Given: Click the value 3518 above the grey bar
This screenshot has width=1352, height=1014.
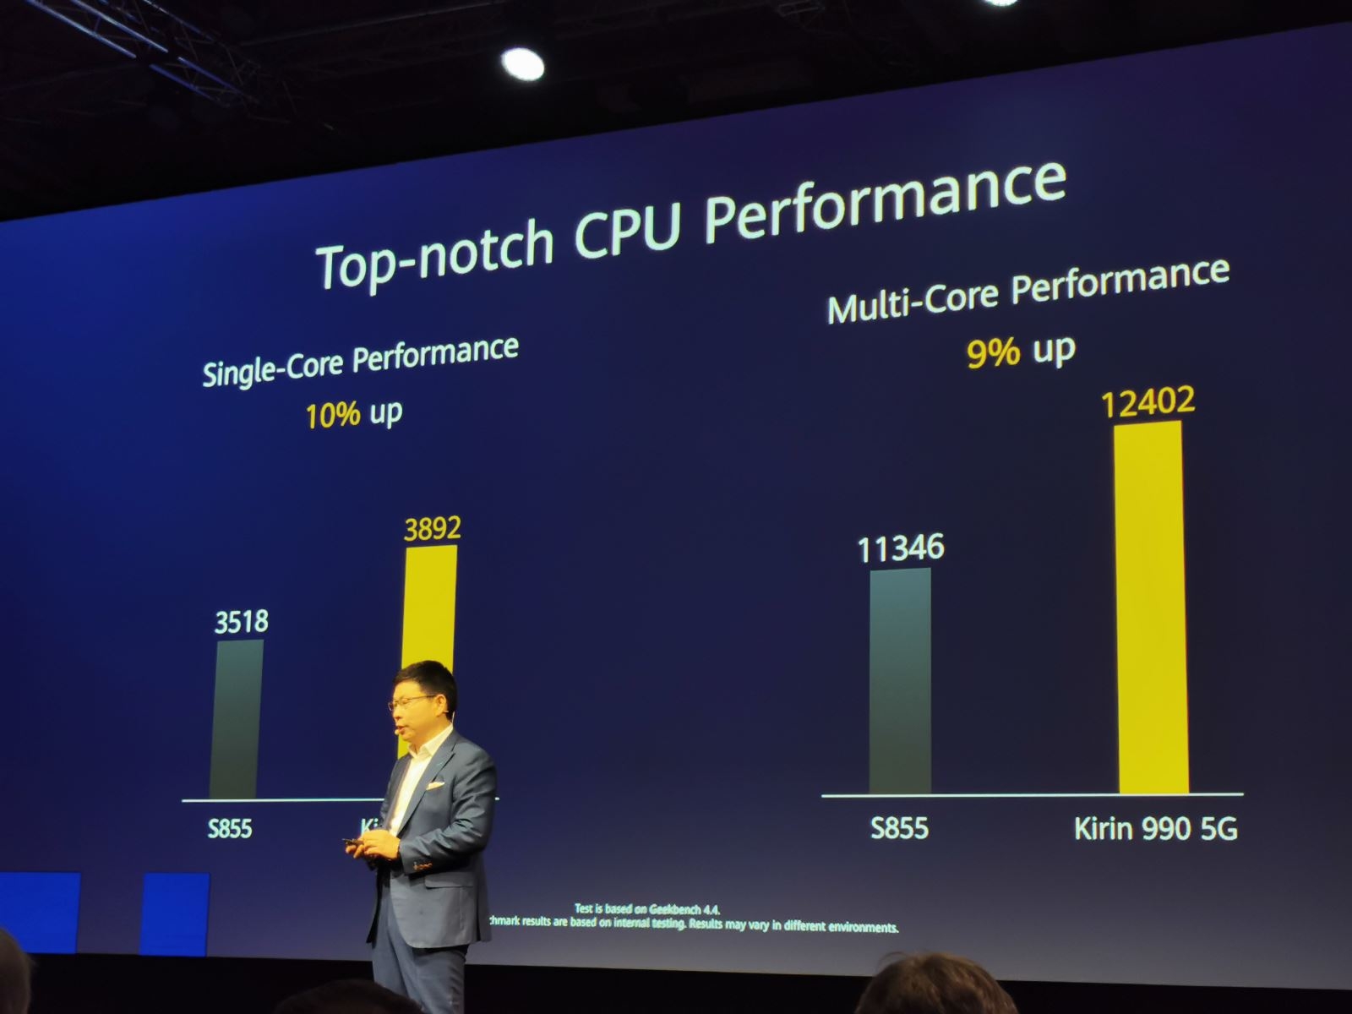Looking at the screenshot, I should (x=241, y=622).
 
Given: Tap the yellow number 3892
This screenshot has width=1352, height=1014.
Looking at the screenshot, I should (x=432, y=529).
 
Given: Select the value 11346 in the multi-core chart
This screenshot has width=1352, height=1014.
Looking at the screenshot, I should (x=900, y=548).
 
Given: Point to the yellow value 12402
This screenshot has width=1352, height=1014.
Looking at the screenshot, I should (x=1148, y=401).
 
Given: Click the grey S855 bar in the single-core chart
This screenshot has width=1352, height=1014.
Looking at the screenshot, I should (x=236, y=718).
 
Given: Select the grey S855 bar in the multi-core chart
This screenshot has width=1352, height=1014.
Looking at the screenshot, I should (x=900, y=680).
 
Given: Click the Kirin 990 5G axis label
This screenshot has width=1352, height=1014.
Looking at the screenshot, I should (x=1155, y=829).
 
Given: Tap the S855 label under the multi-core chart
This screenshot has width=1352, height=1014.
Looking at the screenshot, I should (x=899, y=827).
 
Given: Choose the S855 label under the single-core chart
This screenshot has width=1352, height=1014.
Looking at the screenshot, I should (x=230, y=828).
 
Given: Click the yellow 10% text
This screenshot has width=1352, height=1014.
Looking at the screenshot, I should (x=333, y=416).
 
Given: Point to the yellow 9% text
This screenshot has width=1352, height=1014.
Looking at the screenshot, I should (x=992, y=352).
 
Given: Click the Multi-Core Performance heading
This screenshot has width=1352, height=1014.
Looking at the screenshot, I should (x=1028, y=291).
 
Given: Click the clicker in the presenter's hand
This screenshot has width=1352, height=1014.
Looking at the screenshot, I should (x=350, y=842).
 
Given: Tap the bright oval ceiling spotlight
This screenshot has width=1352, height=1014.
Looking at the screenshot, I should (x=522, y=64).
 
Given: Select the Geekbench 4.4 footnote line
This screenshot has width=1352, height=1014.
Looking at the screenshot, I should (x=646, y=909).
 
